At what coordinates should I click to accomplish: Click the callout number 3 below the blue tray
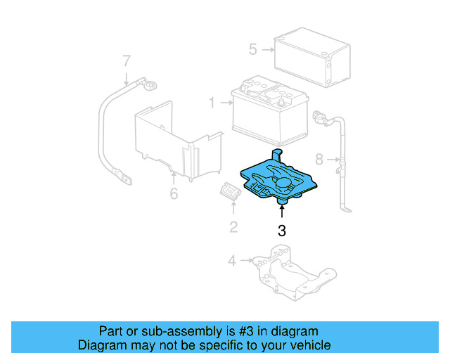[282, 229]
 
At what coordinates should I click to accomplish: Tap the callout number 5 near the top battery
[253, 49]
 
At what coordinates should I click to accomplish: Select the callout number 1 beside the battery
[211, 103]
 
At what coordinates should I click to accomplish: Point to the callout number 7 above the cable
[127, 60]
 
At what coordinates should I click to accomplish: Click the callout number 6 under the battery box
[174, 192]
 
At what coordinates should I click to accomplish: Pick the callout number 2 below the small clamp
[233, 226]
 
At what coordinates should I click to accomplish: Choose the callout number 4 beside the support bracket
[233, 262]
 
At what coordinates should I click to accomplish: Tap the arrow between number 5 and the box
[267, 50]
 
